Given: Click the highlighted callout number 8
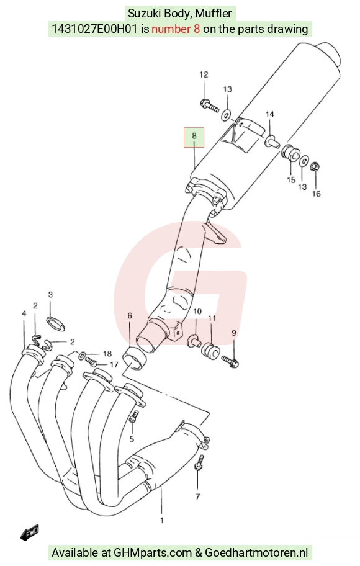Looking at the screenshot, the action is tap(194, 136).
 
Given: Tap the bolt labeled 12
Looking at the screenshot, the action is tap(209, 106).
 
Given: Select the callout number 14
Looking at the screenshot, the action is tap(270, 114).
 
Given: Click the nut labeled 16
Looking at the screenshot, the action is tap(315, 167).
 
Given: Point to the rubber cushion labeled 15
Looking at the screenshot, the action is tap(290, 153).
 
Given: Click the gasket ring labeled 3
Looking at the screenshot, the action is tap(56, 322).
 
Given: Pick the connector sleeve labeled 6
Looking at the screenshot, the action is tap(135, 358).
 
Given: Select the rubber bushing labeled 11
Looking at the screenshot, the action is tap(210, 351).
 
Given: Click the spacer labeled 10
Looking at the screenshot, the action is tap(194, 340).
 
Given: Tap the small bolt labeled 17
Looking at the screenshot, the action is tap(91, 361).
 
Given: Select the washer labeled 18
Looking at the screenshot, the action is tap(83, 354).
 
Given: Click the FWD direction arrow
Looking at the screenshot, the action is tap(30, 532).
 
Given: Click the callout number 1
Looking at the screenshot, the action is tap(162, 520).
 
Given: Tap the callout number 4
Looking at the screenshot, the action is tap(24, 313).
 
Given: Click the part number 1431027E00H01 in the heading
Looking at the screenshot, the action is tap(94, 29).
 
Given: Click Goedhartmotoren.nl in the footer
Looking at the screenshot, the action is tap(256, 552).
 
